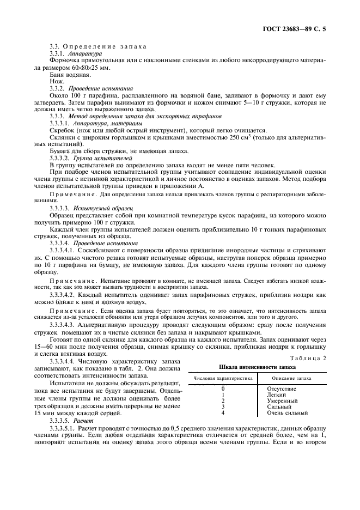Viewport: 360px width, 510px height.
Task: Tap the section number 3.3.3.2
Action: click(x=59, y=157)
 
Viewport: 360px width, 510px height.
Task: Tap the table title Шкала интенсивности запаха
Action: click(x=257, y=367)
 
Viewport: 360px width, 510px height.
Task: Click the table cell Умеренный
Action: click(x=282, y=400)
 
